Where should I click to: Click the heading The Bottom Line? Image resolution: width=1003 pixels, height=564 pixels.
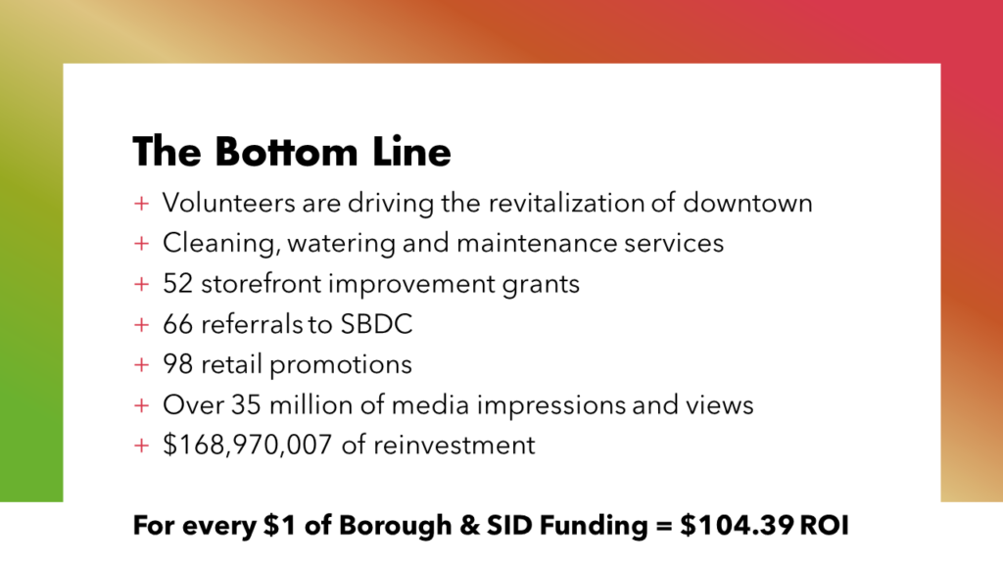tap(292, 152)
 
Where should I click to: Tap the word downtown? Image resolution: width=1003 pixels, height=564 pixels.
tap(747, 203)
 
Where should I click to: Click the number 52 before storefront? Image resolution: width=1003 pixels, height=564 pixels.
tap(178, 284)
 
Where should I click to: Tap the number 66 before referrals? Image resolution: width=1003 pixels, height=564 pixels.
tap(178, 324)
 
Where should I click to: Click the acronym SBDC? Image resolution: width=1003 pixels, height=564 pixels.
tap(376, 324)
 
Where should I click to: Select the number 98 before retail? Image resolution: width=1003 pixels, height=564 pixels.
tap(178, 364)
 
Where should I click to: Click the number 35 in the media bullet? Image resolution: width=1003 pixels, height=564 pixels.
tap(246, 405)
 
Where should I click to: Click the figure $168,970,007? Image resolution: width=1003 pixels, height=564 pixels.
tap(248, 446)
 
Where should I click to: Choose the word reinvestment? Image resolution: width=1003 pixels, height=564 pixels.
tap(454, 446)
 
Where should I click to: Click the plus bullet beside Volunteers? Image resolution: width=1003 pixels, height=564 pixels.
tap(141, 204)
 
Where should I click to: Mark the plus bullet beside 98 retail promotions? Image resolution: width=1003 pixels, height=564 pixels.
tap(141, 365)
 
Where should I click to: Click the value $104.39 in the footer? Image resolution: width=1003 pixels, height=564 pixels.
tap(737, 525)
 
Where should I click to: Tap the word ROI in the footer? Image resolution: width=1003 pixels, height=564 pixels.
tap(825, 526)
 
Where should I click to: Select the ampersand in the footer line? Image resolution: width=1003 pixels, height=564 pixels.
tap(469, 526)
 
